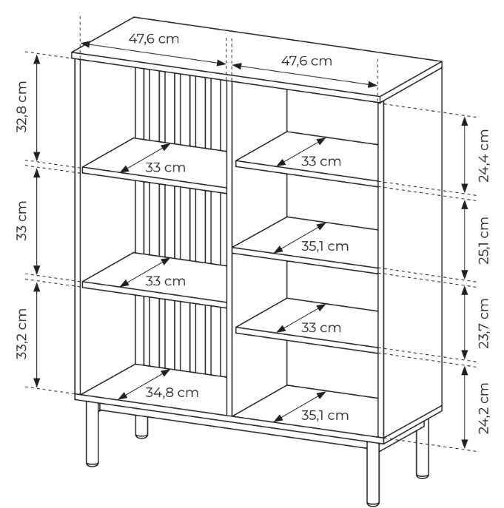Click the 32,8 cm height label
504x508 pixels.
pos(21,106)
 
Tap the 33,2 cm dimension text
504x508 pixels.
pos(21,334)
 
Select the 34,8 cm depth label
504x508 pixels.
pos(172,393)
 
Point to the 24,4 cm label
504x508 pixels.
pos(483,155)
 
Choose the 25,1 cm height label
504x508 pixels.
pos(483,241)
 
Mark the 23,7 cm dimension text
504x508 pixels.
pos(483,323)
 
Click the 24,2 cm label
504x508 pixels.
pos(483,408)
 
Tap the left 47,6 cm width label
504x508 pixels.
pos(154,39)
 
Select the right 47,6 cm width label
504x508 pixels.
pos(306,61)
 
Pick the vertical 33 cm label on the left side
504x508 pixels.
pos(21,220)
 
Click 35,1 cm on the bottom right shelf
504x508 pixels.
pos(325,416)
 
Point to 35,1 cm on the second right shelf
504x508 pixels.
pos(325,246)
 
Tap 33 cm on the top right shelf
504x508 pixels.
pos(320,161)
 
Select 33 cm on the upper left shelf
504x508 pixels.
pos(165,168)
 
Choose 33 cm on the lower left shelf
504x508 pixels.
pos(165,281)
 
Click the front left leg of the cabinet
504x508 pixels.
pos(93,434)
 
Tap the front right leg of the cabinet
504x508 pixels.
pos(373,474)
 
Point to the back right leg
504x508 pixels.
pos(423,450)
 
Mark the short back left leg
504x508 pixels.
pos(141,427)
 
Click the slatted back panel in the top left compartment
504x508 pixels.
pos(181,109)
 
